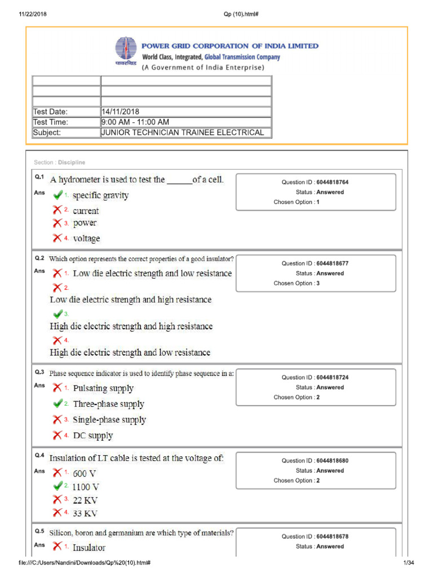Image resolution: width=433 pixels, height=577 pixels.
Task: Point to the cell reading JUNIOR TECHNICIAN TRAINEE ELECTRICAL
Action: tap(183, 133)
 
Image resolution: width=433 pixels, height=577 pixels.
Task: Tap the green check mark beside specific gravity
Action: tap(58, 195)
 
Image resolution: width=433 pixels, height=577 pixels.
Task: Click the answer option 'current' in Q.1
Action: tap(86, 211)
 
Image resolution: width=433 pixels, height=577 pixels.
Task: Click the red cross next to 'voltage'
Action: tap(58, 238)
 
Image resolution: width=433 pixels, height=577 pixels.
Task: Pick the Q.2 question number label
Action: tap(39, 258)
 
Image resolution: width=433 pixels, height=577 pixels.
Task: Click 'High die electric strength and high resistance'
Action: tap(131, 326)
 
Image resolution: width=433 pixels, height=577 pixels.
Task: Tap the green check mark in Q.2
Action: tap(58, 313)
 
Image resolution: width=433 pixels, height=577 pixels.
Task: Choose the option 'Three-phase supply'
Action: tap(108, 404)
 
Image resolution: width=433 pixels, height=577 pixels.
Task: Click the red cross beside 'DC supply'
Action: tap(58, 435)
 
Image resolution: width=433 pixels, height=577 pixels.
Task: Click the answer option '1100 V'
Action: tap(86, 487)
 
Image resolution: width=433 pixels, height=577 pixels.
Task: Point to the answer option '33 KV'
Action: tap(85, 513)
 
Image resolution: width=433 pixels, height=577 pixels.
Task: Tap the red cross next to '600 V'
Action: tap(58, 473)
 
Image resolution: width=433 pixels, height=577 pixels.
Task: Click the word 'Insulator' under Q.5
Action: tap(89, 548)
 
